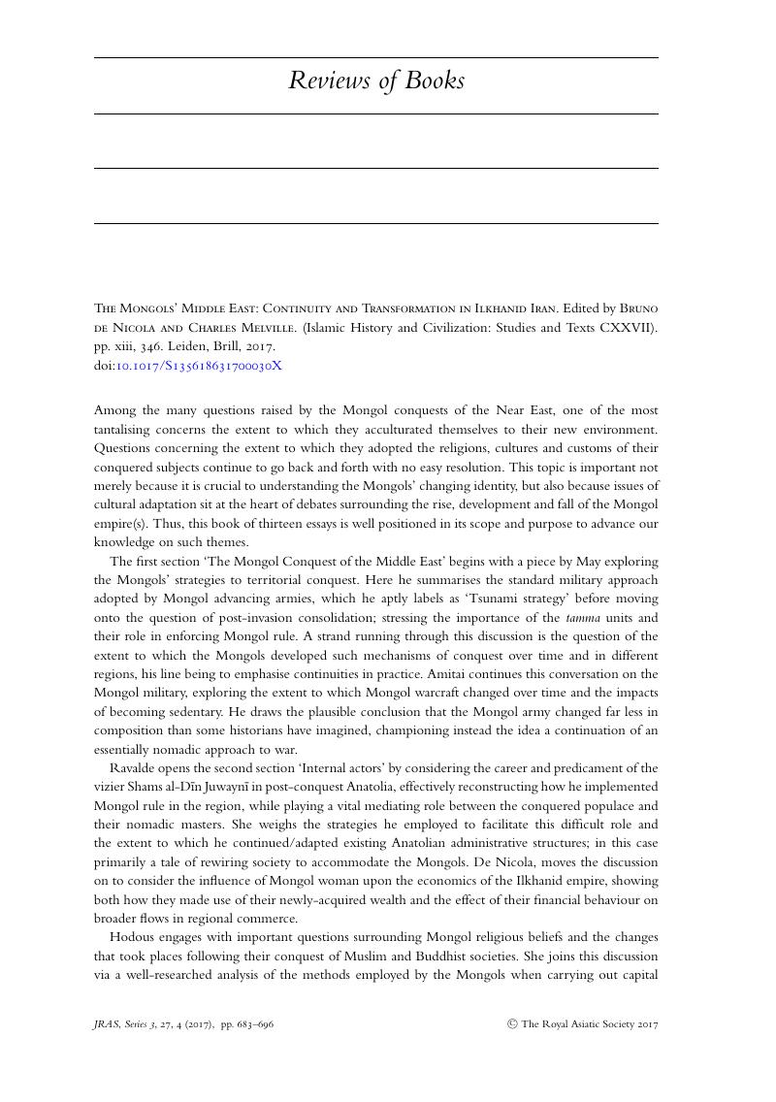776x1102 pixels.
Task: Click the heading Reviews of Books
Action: [x=376, y=81]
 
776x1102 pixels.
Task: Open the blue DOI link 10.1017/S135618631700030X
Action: [x=199, y=366]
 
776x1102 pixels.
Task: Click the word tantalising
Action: [x=129, y=430]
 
